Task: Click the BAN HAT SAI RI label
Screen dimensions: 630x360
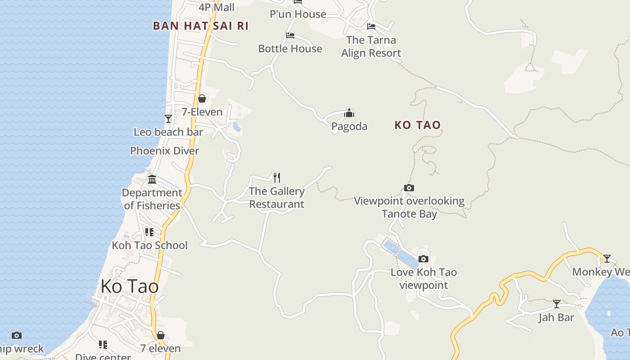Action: pos(201,26)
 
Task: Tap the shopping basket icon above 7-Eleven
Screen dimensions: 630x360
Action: pos(202,99)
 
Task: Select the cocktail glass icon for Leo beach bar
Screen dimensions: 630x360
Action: pos(168,118)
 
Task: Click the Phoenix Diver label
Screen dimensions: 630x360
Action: pos(164,151)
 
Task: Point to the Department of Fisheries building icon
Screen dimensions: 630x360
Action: pos(152,179)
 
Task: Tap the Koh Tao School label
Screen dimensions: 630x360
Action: pos(149,245)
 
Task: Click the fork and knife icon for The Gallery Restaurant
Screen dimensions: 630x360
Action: pos(277,178)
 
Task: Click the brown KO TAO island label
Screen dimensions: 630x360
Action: pos(418,125)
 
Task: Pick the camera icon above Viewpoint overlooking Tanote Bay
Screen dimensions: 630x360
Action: pos(409,188)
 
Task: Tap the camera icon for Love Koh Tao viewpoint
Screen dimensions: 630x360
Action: pos(423,259)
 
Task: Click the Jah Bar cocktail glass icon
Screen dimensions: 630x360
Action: pos(557,304)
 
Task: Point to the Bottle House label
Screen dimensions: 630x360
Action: pos(290,49)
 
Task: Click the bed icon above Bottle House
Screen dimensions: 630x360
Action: pos(290,36)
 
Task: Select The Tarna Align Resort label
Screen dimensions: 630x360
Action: pos(371,46)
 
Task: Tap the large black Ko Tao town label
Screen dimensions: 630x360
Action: pos(130,286)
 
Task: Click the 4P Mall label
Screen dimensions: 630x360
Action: pos(217,7)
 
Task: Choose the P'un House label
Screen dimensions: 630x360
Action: pos(298,14)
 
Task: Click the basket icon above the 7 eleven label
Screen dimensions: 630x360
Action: pos(161,335)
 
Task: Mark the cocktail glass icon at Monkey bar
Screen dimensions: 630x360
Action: pos(607,259)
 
